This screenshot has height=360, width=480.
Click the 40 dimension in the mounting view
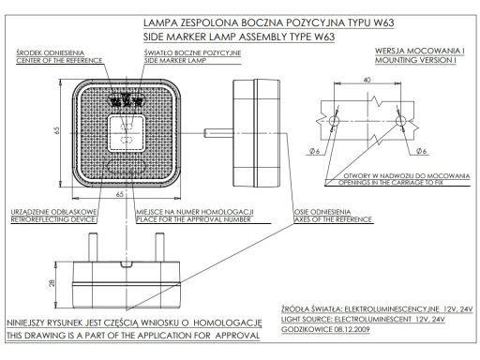[367, 80]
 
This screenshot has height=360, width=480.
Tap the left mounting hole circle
[334, 121]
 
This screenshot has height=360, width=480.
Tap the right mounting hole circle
[400, 121]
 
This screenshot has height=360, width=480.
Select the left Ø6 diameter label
[314, 151]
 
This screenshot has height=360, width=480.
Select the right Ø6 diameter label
[421, 151]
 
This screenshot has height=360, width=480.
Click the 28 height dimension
[52, 283]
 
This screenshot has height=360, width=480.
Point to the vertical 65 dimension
[56, 130]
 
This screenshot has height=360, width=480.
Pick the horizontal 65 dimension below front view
[120, 194]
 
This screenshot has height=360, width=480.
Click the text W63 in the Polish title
[383, 22]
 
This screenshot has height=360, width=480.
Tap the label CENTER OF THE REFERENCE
[59, 61]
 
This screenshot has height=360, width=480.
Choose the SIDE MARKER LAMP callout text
[174, 61]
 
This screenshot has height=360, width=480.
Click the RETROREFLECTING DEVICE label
[52, 219]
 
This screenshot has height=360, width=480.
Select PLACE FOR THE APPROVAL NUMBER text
[194, 219]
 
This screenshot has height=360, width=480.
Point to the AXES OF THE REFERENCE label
[333, 219]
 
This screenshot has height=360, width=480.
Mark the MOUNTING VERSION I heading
[415, 60]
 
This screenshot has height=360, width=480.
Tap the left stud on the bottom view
[93, 247]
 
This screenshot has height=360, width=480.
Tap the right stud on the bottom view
[160, 247]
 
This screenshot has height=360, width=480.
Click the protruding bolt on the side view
[218, 133]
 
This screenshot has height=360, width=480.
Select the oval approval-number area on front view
[126, 166]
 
